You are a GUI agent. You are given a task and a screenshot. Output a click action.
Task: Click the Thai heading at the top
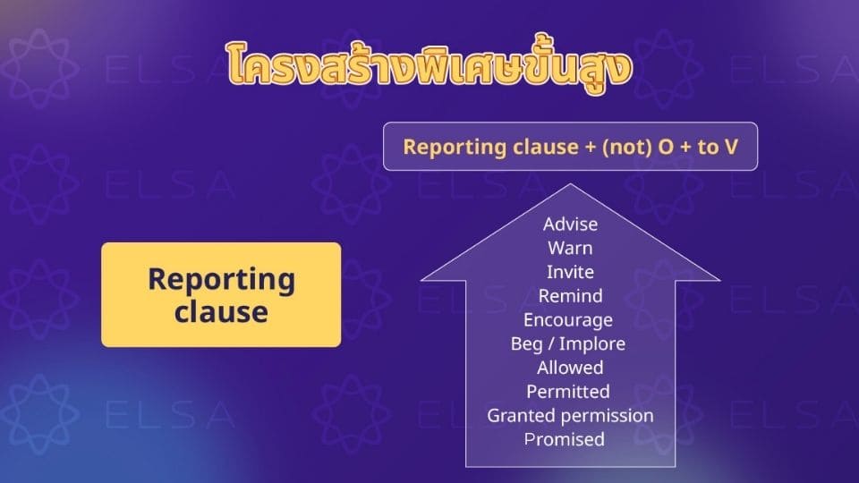tap(429, 64)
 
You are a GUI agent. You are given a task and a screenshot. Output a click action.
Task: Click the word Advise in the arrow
tap(570, 224)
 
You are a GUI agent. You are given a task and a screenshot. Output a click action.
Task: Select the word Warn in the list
tap(570, 248)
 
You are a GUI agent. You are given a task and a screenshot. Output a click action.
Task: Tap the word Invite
tap(570, 271)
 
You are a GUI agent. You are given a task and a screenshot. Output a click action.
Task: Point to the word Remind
tap(570, 295)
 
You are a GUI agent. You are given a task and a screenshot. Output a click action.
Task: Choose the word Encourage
tap(568, 319)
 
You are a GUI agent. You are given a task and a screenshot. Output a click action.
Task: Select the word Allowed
tap(570, 368)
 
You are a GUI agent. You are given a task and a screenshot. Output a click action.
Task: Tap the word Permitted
tap(568, 392)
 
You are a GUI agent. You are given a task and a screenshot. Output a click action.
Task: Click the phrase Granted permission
tap(570, 415)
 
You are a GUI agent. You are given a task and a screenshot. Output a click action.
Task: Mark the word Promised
tap(565, 439)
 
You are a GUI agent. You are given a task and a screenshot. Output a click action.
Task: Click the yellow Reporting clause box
tap(221, 294)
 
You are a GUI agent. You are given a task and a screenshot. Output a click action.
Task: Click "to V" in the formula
tap(718, 147)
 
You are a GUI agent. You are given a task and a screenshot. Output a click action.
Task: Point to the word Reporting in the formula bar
tap(446, 147)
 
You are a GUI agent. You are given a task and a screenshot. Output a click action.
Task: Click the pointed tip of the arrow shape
tap(570, 186)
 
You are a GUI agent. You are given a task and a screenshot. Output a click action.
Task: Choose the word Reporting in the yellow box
tap(221, 278)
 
